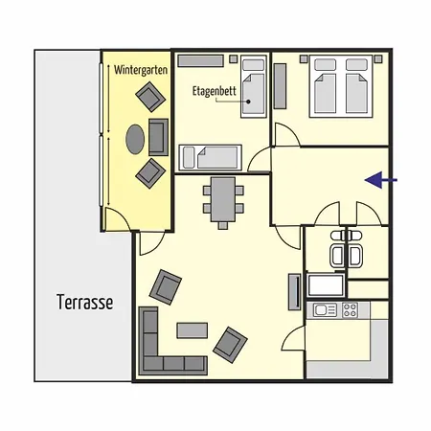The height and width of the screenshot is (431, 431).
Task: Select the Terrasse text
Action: (x=84, y=302)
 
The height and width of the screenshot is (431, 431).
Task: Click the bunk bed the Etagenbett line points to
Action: (x=254, y=85)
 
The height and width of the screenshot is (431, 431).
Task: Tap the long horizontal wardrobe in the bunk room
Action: (x=200, y=59)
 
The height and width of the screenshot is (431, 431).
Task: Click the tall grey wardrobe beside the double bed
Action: (x=281, y=87)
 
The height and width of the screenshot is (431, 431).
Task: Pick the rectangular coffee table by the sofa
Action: (x=197, y=330)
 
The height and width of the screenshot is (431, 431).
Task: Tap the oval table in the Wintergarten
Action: (x=135, y=139)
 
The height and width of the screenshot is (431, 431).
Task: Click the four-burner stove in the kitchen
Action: (x=350, y=310)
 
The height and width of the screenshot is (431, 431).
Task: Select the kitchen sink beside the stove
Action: (x=321, y=309)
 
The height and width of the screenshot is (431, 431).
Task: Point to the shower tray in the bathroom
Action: (x=326, y=285)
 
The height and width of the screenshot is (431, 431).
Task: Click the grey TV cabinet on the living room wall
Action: (x=293, y=290)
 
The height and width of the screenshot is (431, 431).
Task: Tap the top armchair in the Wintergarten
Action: (x=148, y=97)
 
